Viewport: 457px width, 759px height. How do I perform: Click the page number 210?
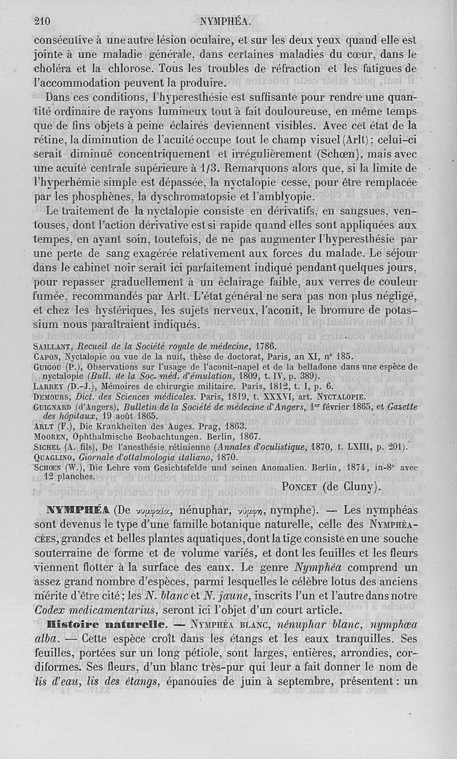(43, 22)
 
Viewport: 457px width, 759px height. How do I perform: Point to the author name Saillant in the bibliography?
(56, 346)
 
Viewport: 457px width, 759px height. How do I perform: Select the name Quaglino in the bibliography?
(59, 457)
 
